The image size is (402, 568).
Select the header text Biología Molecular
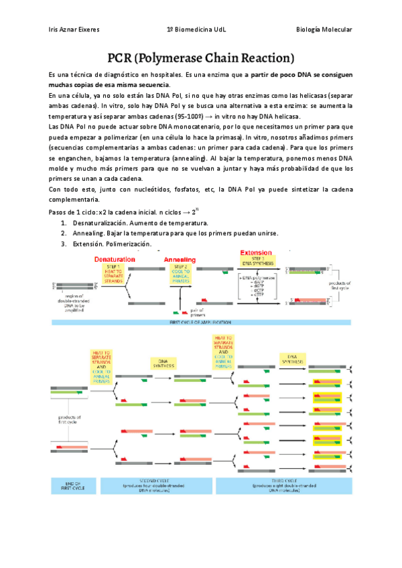pos(324,30)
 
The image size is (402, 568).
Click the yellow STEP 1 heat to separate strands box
pos(111,272)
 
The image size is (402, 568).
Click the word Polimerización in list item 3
pos(128,244)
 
